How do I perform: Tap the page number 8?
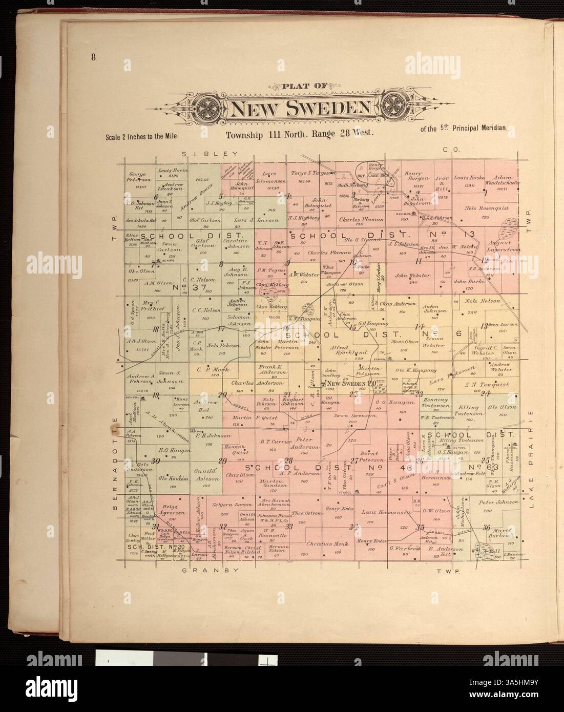(x=94, y=57)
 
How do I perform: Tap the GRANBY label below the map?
(x=210, y=570)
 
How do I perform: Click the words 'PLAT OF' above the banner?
(x=301, y=87)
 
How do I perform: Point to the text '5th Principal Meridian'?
(x=463, y=129)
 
